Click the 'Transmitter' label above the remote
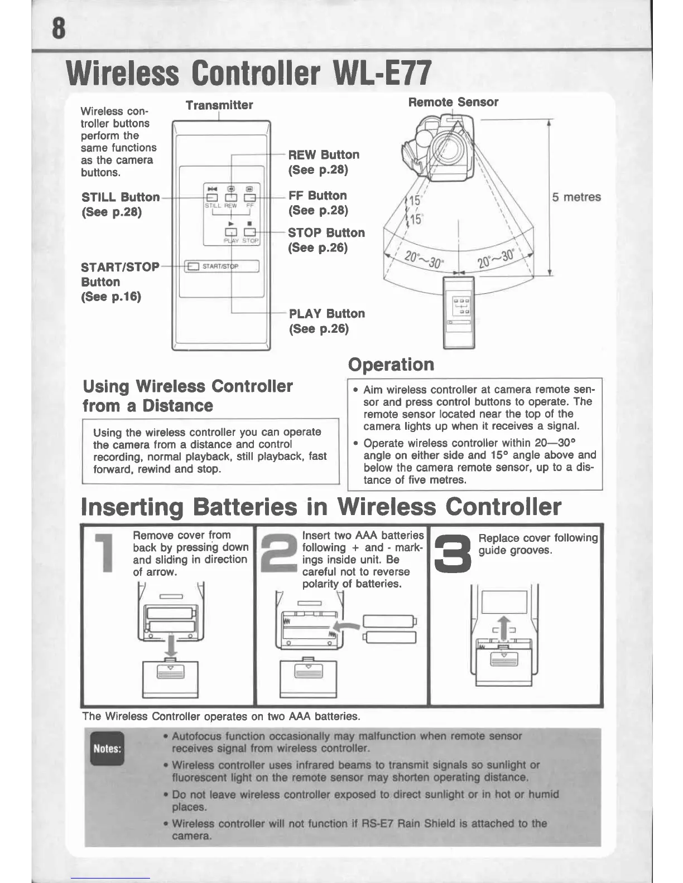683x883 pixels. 219,105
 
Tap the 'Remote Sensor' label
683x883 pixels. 453,102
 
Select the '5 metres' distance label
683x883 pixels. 576,197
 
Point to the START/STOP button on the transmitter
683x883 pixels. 222,266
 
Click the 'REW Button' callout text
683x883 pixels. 324,155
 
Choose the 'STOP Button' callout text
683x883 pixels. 326,233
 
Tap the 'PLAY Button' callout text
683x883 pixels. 327,314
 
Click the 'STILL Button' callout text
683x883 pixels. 121,197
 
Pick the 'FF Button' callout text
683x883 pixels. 318,196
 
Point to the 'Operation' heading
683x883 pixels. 391,365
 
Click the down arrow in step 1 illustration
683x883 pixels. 171,644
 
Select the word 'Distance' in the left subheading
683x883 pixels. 177,405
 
